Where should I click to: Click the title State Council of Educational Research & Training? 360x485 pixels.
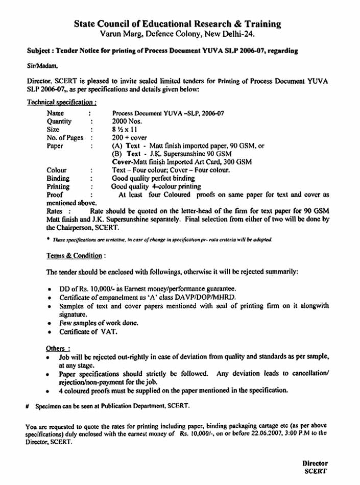[x=177, y=24]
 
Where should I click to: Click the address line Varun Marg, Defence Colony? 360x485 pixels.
[x=177, y=34]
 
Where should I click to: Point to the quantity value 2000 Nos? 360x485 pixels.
[x=127, y=122]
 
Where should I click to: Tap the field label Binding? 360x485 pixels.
[x=58, y=178]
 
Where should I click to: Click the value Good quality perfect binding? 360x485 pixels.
[x=153, y=178]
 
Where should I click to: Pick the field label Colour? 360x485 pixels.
[x=56, y=170]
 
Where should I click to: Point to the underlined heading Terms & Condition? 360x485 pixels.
[x=70, y=256]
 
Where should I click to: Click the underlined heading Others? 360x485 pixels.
[x=55, y=348]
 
